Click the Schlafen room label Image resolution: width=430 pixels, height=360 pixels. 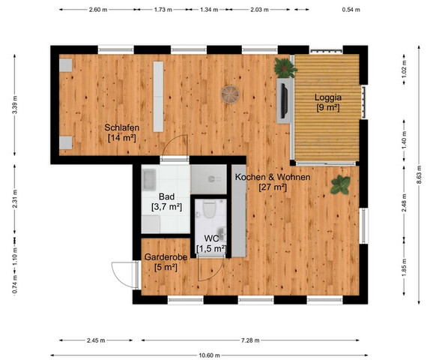(122, 133)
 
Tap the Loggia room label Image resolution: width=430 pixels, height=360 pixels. (327, 102)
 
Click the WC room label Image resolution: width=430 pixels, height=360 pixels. (211, 243)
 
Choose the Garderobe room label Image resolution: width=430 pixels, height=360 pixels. (161, 262)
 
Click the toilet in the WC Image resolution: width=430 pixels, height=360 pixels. (211, 209)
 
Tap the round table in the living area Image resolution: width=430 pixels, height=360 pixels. (230, 94)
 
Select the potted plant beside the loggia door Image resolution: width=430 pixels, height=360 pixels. (284, 67)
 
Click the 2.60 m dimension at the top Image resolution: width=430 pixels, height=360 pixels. (96, 10)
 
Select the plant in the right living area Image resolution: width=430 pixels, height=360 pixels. (340, 184)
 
